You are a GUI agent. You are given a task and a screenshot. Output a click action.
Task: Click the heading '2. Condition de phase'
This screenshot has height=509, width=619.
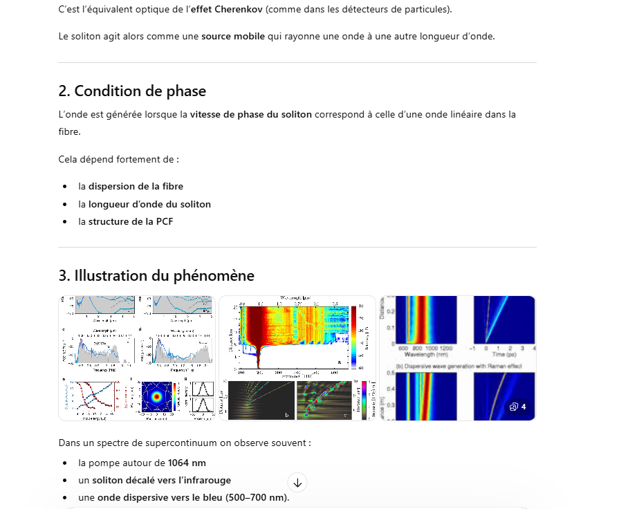point(132,91)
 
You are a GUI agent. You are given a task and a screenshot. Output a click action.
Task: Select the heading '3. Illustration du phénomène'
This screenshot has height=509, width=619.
point(156,275)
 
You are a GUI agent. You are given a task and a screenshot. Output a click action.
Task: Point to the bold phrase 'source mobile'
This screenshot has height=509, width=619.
point(232,36)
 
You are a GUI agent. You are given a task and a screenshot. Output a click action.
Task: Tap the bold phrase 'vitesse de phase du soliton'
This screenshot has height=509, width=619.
point(251,114)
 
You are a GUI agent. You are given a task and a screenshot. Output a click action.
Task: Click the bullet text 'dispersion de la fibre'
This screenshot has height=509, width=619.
point(136,186)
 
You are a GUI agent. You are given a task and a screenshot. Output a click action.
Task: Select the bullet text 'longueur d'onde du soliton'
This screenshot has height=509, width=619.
point(149,204)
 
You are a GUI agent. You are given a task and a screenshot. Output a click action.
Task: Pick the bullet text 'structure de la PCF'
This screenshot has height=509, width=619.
point(130,221)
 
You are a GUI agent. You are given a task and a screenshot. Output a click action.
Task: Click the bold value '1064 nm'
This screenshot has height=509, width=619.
point(187,463)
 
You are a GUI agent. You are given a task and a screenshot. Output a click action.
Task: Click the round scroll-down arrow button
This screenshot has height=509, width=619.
point(297,482)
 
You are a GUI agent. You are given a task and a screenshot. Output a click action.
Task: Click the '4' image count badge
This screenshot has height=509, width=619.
point(519,407)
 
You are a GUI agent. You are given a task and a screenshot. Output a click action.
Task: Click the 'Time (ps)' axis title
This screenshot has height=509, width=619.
point(503,355)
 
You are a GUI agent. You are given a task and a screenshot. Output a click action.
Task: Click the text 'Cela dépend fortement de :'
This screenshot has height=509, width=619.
point(118,159)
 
